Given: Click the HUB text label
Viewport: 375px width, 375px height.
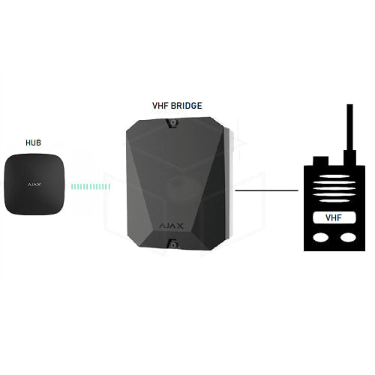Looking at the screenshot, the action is pos(33,142).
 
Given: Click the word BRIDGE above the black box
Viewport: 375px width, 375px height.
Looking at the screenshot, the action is pos(187,106).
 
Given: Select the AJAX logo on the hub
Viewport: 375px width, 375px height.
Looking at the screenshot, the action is pos(34,184).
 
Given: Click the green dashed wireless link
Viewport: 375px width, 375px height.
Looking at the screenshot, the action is pos(91,187).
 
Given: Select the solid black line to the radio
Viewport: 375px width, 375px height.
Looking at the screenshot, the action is pos(267,190).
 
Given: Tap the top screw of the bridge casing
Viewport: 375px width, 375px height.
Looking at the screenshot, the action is pos(173,122).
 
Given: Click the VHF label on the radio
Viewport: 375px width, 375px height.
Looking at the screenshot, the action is pos(334,218).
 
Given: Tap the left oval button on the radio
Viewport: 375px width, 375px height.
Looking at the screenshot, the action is pos(321,238).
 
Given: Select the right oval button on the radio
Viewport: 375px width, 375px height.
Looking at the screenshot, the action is pos(348,238).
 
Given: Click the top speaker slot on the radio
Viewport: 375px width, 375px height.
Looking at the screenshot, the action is pos(334,176).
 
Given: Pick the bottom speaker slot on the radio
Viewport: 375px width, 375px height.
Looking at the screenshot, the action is pos(334,200).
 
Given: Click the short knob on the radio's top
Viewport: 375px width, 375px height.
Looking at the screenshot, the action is pos(320,161).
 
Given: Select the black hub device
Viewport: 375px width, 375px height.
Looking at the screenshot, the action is pos(34,184).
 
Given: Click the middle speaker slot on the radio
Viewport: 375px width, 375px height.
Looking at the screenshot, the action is pos(334,188).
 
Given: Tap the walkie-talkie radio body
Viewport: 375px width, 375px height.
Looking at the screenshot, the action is pos(334,208).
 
